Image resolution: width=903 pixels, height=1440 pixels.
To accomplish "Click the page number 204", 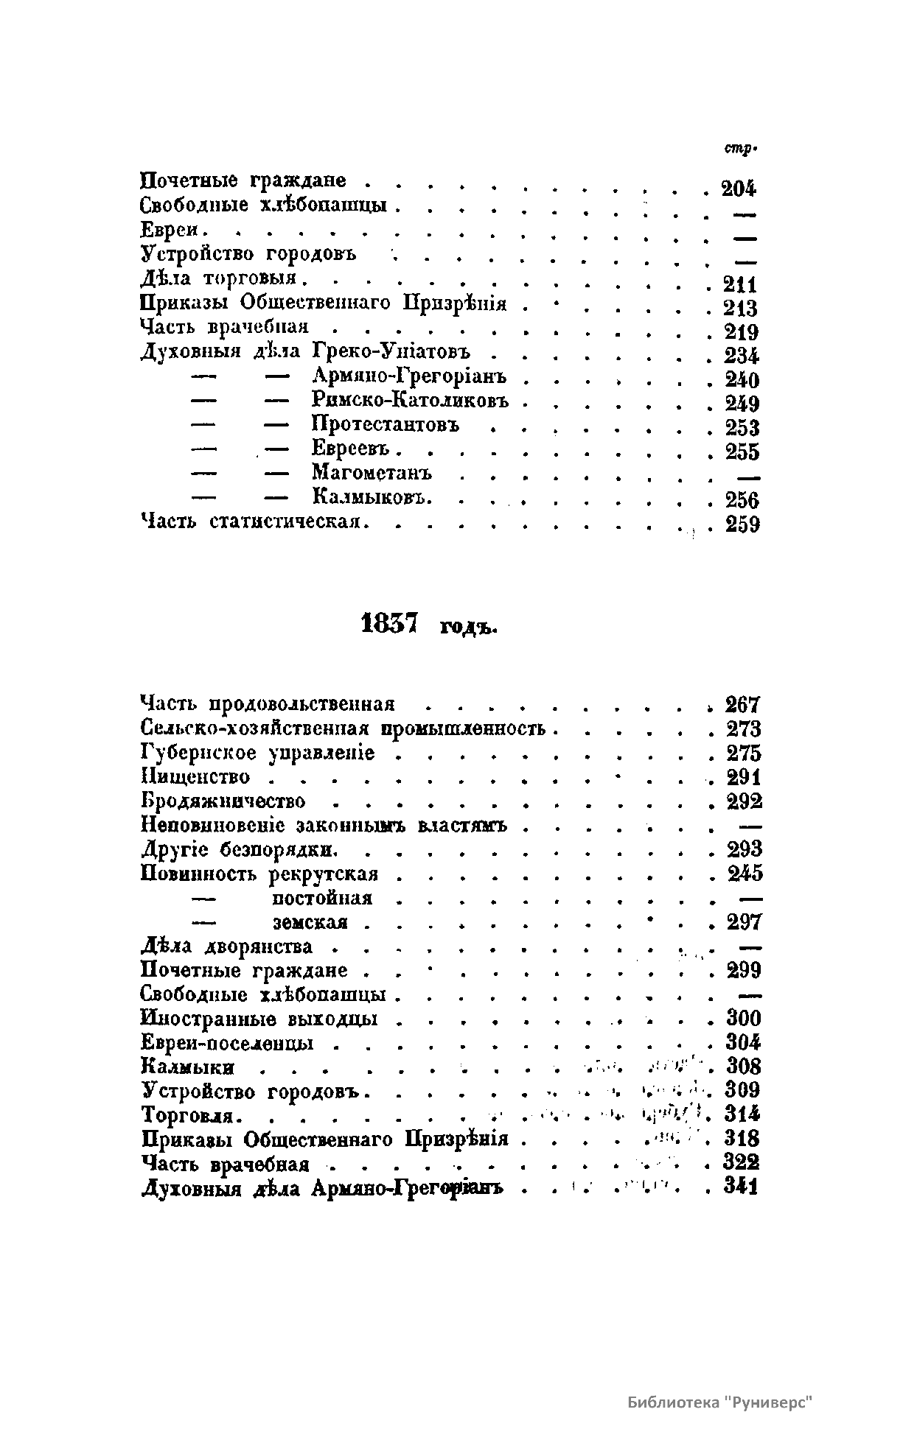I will (x=739, y=189).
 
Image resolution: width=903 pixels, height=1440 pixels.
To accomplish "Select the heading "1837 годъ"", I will (x=430, y=626).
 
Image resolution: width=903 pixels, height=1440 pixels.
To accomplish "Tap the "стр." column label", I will (x=740, y=150).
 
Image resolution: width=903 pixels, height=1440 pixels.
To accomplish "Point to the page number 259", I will (x=742, y=525).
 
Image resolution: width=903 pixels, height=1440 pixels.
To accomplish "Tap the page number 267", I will (x=743, y=705).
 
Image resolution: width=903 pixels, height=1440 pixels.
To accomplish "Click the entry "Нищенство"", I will (x=195, y=777).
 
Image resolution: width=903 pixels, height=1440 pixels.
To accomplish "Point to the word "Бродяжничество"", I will (x=223, y=801).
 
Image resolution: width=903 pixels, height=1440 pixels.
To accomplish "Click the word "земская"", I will (x=310, y=922).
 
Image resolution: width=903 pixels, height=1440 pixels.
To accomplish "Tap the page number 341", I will (x=742, y=1187).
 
